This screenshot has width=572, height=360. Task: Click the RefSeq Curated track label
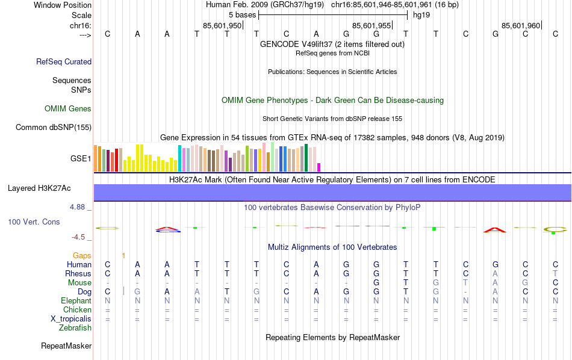click(64, 61)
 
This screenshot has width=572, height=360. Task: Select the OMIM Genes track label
click(68, 109)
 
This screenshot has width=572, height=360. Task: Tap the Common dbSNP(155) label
click(54, 127)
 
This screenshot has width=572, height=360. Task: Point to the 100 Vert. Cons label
click(34, 222)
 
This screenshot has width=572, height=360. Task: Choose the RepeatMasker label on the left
click(66, 346)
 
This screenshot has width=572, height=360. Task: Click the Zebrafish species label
click(75, 328)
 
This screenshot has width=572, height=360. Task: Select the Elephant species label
click(76, 300)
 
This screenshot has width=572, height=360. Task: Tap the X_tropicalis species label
click(71, 319)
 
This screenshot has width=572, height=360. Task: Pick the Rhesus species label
click(78, 273)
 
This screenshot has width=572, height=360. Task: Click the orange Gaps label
click(82, 256)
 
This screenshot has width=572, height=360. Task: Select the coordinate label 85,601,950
click(222, 26)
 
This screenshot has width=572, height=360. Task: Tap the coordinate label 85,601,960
click(521, 26)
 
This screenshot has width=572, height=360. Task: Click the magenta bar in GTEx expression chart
click(319, 167)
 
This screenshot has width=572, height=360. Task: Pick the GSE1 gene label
click(81, 159)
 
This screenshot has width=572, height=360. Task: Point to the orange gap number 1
click(123, 256)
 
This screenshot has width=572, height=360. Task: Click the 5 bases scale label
click(242, 14)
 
